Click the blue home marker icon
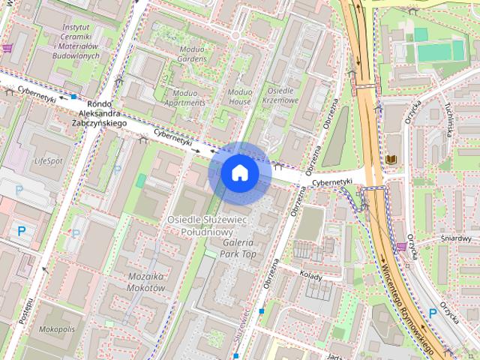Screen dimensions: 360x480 click(239, 172)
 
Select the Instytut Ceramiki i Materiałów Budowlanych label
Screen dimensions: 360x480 click(76, 45)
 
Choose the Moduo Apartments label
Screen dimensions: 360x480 click(179, 97)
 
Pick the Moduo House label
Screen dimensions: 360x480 click(239, 95)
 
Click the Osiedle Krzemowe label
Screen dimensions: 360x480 click(283, 94)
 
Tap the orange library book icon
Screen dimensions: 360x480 click(391, 160)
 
